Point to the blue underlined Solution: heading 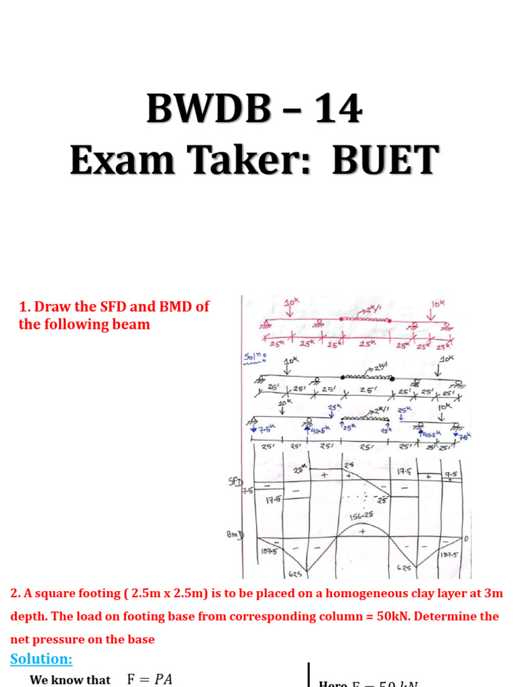tap(42, 659)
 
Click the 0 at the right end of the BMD tap(466, 539)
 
